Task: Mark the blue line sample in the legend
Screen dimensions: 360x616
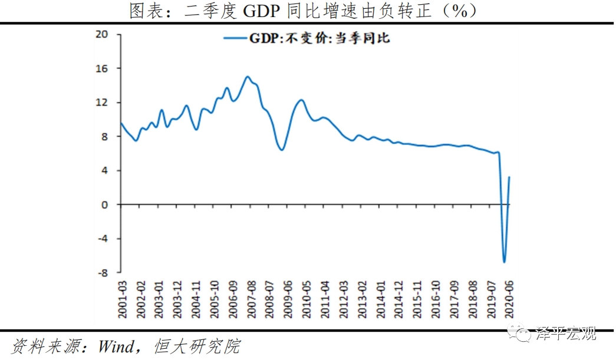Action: [235, 39]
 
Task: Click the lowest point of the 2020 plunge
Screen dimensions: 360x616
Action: [504, 262]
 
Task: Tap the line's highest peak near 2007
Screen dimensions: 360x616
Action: [248, 77]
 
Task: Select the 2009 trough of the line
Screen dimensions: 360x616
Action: [282, 150]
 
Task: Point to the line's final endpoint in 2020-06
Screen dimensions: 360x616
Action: [509, 177]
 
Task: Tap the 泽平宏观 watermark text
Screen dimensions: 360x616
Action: [565, 334]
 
